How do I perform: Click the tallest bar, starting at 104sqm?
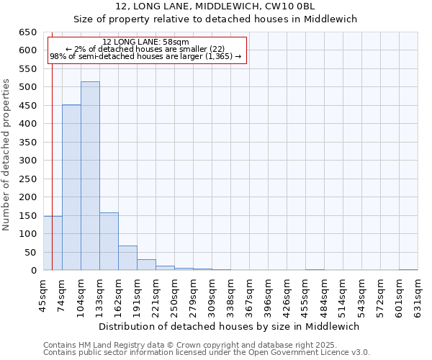(90, 176)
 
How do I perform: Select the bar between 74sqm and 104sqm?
(71, 187)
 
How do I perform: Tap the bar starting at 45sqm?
(53, 243)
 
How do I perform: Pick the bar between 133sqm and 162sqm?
(109, 241)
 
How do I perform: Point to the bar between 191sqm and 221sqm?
(146, 264)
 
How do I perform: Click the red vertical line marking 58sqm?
(52, 158)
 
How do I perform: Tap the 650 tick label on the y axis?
(27, 32)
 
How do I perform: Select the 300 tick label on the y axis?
(27, 161)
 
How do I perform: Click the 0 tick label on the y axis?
(34, 271)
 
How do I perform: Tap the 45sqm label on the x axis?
(44, 295)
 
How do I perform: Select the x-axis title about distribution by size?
(229, 326)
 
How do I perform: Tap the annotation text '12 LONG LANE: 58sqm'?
(145, 42)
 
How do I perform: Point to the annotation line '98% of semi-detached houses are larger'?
(145, 56)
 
